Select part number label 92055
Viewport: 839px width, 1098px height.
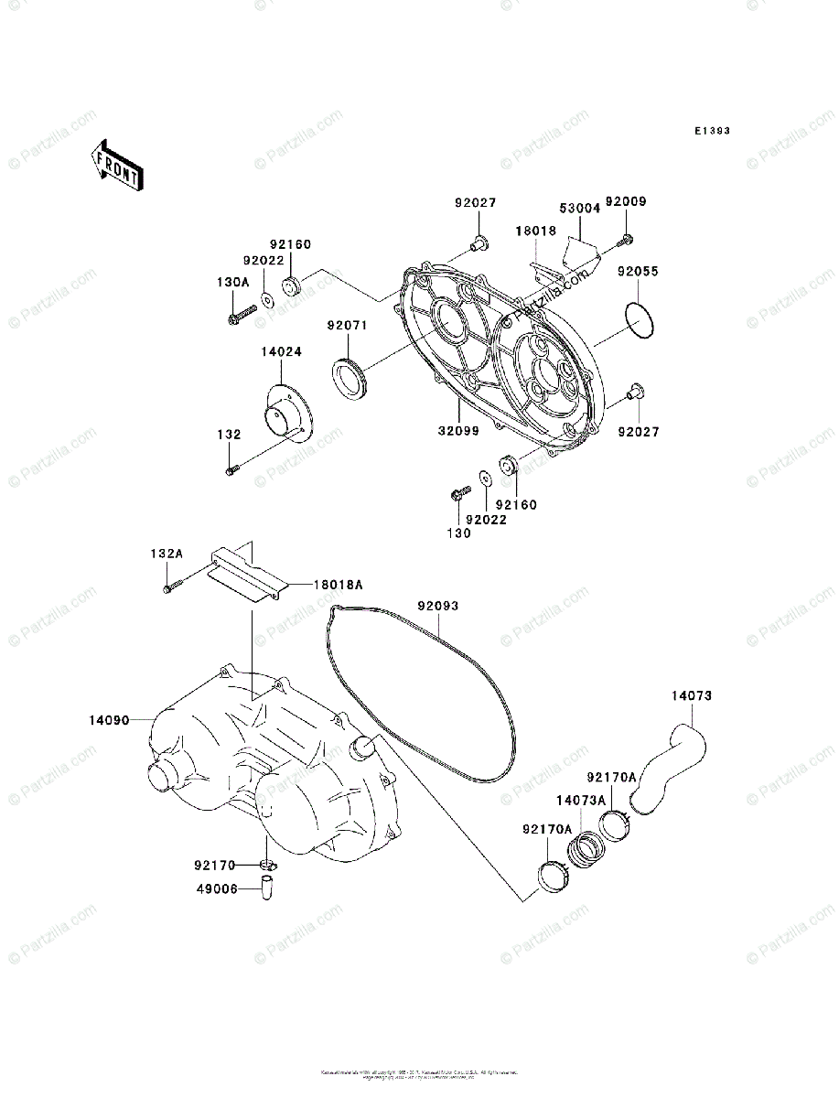tap(638, 272)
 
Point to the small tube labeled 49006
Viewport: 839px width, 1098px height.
tap(269, 888)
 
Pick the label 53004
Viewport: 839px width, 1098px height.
tap(579, 209)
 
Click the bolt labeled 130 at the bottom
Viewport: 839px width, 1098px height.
tap(458, 494)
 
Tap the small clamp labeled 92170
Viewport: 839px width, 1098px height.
tap(266, 865)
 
